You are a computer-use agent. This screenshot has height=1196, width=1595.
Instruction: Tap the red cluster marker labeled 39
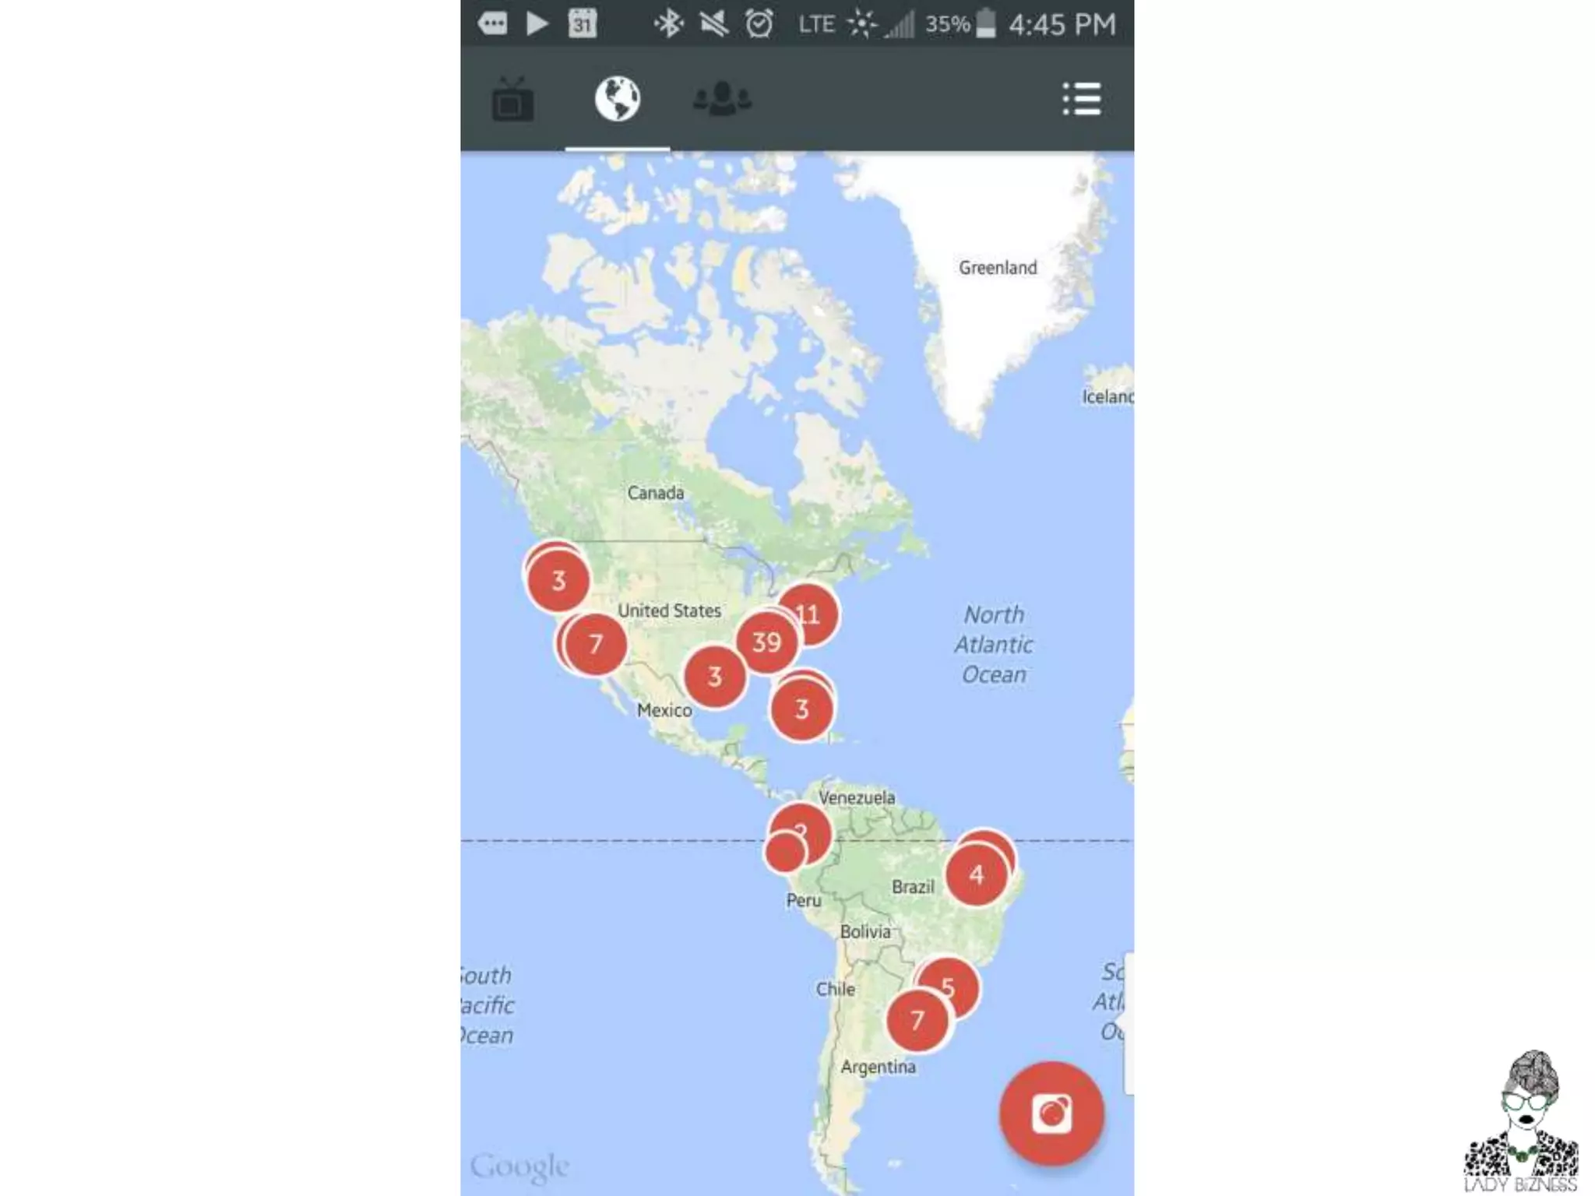(x=766, y=642)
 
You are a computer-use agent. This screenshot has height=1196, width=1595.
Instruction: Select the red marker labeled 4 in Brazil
(x=976, y=875)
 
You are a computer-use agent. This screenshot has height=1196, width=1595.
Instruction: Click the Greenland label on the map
(x=998, y=268)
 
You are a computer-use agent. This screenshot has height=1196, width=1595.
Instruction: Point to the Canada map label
(x=656, y=493)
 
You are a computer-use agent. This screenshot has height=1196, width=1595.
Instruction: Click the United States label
(x=669, y=611)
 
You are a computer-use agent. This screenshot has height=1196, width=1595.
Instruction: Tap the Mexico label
(x=664, y=710)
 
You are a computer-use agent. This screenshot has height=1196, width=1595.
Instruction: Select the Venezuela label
(x=857, y=797)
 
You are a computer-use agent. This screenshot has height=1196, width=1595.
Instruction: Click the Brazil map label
(x=913, y=887)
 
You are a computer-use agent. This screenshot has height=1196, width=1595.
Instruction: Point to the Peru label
(x=804, y=901)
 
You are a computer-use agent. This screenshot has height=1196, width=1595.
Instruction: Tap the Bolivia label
(x=864, y=932)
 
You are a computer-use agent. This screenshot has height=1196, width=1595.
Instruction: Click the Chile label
(x=836, y=990)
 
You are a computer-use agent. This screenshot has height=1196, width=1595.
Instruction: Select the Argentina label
(x=878, y=1068)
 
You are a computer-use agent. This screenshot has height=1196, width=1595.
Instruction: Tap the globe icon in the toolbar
(x=618, y=99)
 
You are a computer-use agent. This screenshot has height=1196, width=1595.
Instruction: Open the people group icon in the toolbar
(x=722, y=99)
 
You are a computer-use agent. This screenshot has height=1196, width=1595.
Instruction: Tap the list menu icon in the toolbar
(x=1082, y=99)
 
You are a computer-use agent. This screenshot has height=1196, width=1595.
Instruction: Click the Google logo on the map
(x=520, y=1166)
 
